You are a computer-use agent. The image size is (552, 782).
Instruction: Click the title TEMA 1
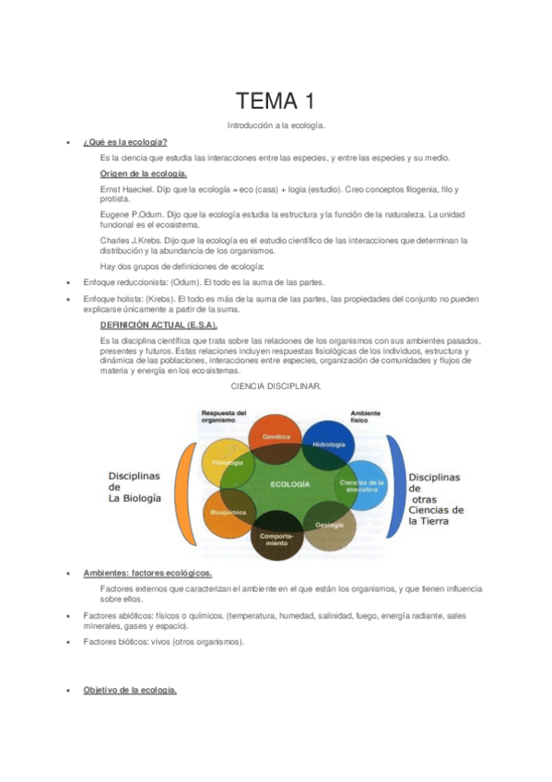[276, 101]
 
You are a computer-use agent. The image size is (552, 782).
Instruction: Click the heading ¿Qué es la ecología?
[124, 142]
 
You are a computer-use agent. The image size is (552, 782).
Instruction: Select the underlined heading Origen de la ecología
[143, 173]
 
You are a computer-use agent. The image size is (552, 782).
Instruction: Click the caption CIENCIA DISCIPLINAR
[276, 385]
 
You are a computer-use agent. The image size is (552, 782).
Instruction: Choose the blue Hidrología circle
[329, 443]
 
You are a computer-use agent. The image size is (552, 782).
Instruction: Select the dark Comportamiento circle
[276, 539]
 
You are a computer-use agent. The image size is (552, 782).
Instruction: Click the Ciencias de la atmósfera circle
[362, 484]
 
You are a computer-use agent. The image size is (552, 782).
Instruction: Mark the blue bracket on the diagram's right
[395, 485]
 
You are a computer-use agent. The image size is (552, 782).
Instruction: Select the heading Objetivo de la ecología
[130, 690]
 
